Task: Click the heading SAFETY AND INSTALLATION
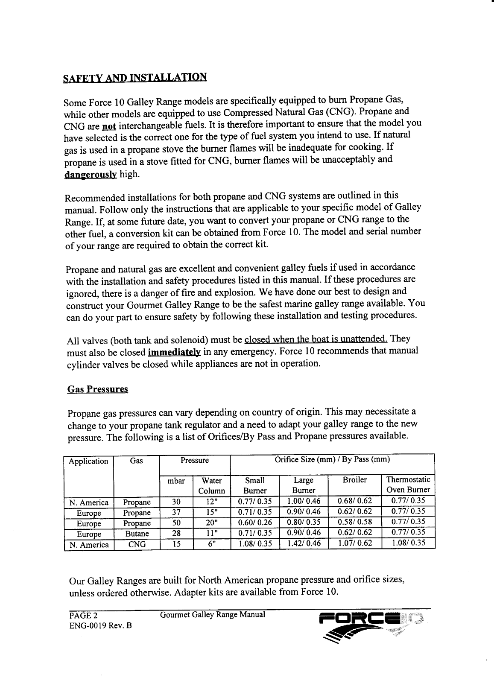[135, 78]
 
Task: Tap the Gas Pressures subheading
[98, 389]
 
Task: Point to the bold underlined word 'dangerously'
[91, 175]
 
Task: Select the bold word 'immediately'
[174, 352]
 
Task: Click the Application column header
[88, 461]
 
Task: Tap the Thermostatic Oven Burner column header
[408, 485]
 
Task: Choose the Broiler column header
[354, 480]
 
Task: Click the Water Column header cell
[211, 485]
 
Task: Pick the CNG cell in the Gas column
[137, 544]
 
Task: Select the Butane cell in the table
[137, 534]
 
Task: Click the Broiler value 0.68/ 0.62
[354, 502]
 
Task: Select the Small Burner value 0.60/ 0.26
[254, 523]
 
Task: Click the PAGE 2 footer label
[84, 616]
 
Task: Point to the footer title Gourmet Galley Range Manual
[212, 615]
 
